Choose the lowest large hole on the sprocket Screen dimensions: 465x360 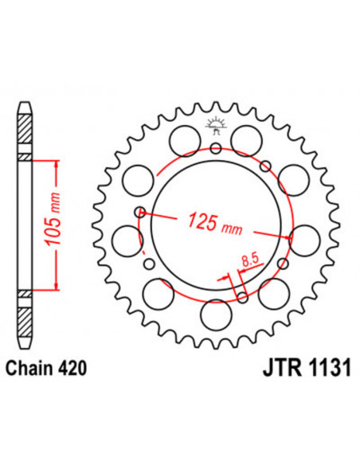coord(215,313)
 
